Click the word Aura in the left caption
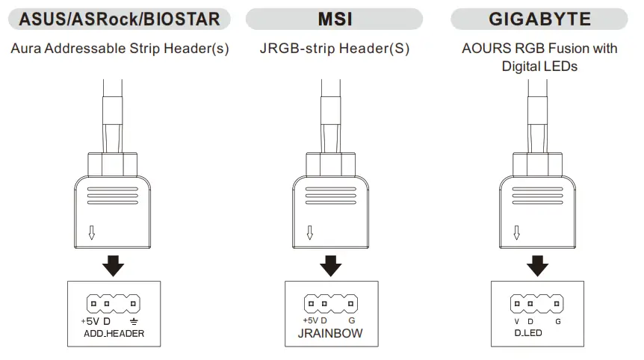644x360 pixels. tap(26, 49)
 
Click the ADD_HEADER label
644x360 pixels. tap(114, 334)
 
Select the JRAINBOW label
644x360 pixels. tap(329, 333)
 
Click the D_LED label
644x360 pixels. tap(528, 332)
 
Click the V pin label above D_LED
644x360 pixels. tap(515, 320)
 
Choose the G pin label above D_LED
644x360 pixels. tap(557, 320)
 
